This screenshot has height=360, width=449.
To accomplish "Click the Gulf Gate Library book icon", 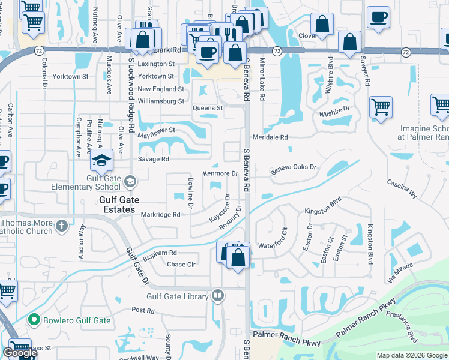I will pyautogui.click(x=218, y=295).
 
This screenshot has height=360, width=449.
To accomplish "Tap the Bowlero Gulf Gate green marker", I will pyautogui.click(x=34, y=320).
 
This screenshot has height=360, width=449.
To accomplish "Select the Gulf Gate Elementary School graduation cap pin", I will pyautogui.click(x=102, y=160).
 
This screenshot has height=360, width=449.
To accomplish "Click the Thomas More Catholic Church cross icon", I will pyautogui.click(x=61, y=226).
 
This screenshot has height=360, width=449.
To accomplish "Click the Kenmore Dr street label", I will pyautogui.click(x=221, y=173).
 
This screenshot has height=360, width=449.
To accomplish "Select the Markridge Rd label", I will pyautogui.click(x=160, y=214).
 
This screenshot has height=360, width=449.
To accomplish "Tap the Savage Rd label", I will pyautogui.click(x=153, y=159).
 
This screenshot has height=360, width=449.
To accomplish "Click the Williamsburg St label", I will pyautogui.click(x=160, y=101).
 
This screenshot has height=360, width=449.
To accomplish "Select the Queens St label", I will pyautogui.click(x=207, y=108).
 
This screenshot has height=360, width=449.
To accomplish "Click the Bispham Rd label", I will pyautogui.click(x=160, y=253).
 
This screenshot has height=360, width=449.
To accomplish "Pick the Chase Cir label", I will pyautogui.click(x=181, y=264).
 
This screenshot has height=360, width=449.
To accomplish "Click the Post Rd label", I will pyautogui.click(x=143, y=310).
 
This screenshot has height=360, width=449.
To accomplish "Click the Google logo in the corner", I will pyautogui.click(x=20, y=353).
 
